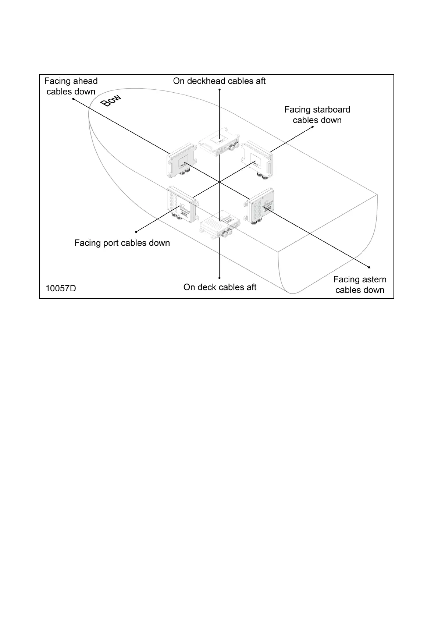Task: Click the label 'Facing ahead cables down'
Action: click(x=71, y=86)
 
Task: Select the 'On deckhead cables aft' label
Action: click(x=219, y=81)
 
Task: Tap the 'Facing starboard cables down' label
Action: click(x=317, y=115)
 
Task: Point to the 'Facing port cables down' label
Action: click(x=122, y=243)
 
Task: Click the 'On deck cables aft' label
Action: click(x=220, y=287)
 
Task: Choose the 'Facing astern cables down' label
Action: click(x=360, y=285)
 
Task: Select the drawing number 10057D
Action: click(x=61, y=288)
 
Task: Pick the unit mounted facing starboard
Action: click(x=257, y=160)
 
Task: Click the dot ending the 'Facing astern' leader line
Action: click(x=369, y=267)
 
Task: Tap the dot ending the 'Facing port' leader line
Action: click(x=136, y=231)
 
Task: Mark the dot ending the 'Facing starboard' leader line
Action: click(x=313, y=127)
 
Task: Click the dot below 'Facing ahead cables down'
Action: click(x=73, y=99)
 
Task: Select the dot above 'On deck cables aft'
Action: click(x=219, y=278)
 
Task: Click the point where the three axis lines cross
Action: click(x=220, y=182)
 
